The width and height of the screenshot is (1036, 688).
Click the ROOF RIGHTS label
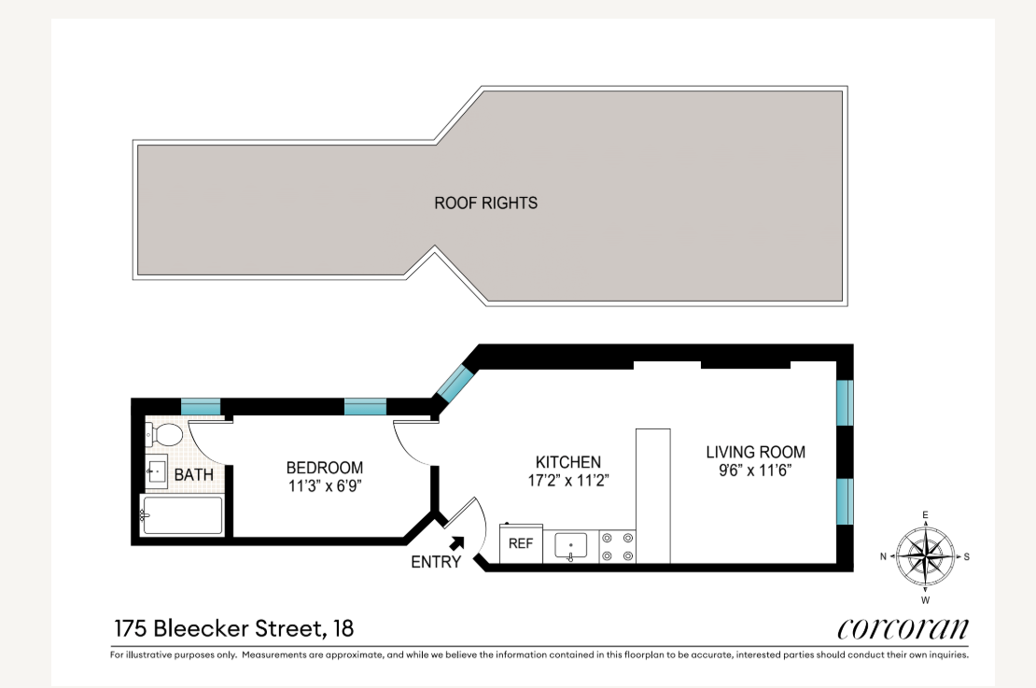tap(485, 203)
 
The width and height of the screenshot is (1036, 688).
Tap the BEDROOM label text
tap(324, 468)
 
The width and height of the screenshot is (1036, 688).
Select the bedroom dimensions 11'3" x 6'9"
tap(324, 485)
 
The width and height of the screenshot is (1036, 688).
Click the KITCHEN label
tap(567, 462)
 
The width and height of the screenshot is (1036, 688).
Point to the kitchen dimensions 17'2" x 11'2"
tap(567, 481)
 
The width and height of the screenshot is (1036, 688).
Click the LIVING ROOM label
tap(755, 453)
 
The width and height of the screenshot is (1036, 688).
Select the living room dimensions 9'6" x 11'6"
tap(755, 470)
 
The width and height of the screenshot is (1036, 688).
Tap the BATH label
tap(193, 475)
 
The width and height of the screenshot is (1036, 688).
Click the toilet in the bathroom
tap(164, 434)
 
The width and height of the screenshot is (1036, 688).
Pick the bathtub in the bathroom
tap(182, 515)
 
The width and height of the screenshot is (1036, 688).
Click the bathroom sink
tap(156, 471)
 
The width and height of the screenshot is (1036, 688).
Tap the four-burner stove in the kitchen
tap(616, 546)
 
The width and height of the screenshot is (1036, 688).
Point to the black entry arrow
tap(457, 542)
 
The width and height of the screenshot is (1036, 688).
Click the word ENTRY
tap(436, 562)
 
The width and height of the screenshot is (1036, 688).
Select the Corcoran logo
tap(903, 627)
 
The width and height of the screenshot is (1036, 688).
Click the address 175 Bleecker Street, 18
tap(233, 628)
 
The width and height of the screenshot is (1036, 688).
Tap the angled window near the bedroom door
tap(456, 382)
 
